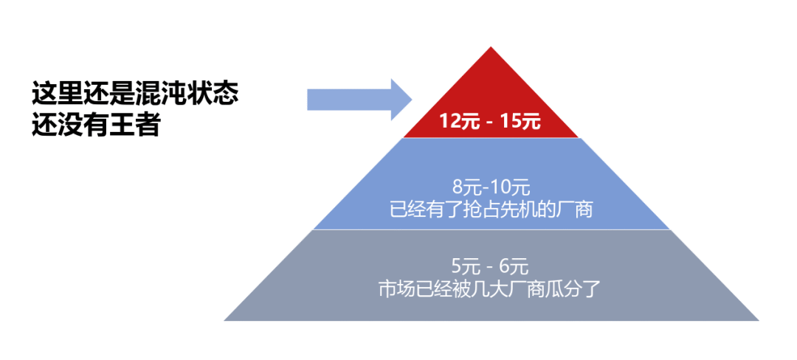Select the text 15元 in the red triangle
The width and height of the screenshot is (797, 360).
520,122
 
